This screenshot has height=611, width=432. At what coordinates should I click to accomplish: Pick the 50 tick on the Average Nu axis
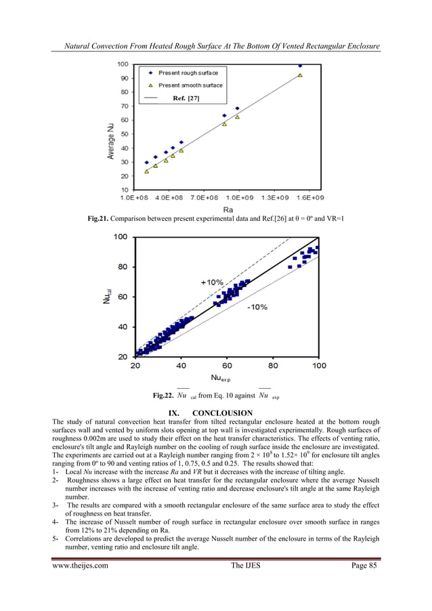[125, 134]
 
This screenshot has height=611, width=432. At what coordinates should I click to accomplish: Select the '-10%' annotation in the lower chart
[257, 307]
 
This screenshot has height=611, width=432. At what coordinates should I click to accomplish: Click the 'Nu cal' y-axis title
[107, 296]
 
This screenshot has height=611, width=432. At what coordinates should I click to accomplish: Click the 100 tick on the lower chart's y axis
[120, 236]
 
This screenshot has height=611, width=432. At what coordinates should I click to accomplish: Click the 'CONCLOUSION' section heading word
[223, 413]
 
